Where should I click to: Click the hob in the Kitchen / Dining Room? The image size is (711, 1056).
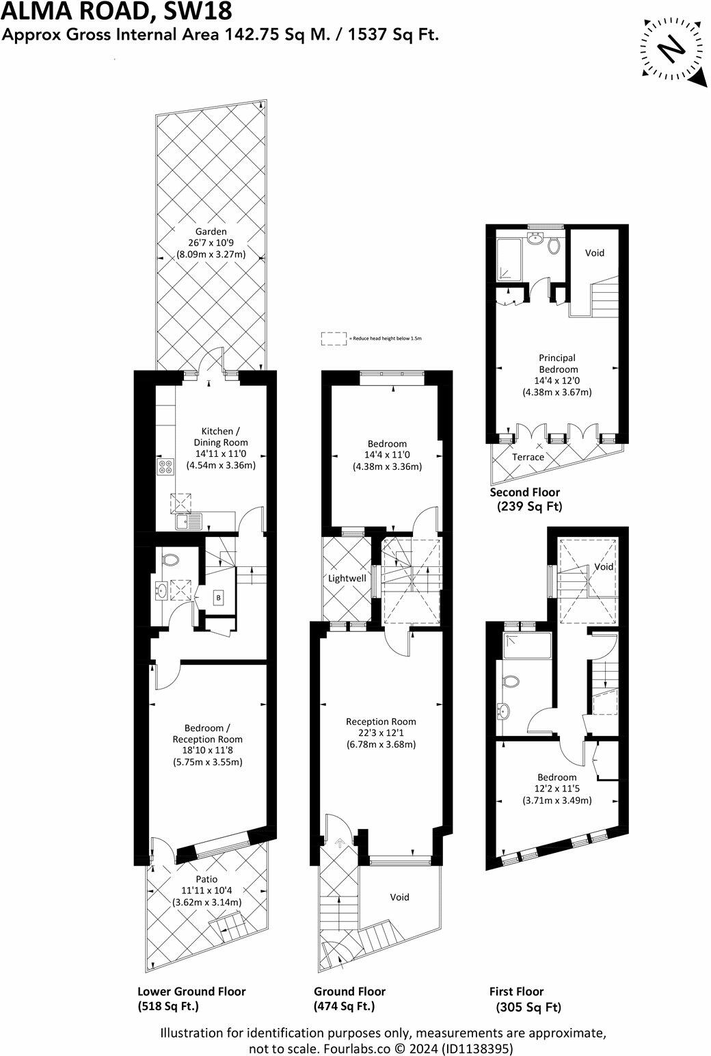click(x=166, y=467)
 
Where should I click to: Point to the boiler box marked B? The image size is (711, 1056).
click(x=219, y=598)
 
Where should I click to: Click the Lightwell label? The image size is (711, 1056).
click(x=347, y=578)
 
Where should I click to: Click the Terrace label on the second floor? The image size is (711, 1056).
click(x=528, y=457)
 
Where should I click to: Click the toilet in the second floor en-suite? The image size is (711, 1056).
click(x=554, y=245)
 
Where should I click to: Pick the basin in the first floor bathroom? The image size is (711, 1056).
click(x=505, y=711)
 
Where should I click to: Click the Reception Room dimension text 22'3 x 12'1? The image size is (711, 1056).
click(x=381, y=733)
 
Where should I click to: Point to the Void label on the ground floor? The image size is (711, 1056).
click(x=399, y=897)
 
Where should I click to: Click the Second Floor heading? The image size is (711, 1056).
click(x=524, y=492)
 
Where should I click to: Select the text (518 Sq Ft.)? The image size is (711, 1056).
click(x=168, y=1007)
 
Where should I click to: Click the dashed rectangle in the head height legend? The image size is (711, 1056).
click(x=334, y=338)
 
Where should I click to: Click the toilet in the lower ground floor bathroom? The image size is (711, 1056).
click(x=171, y=559)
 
